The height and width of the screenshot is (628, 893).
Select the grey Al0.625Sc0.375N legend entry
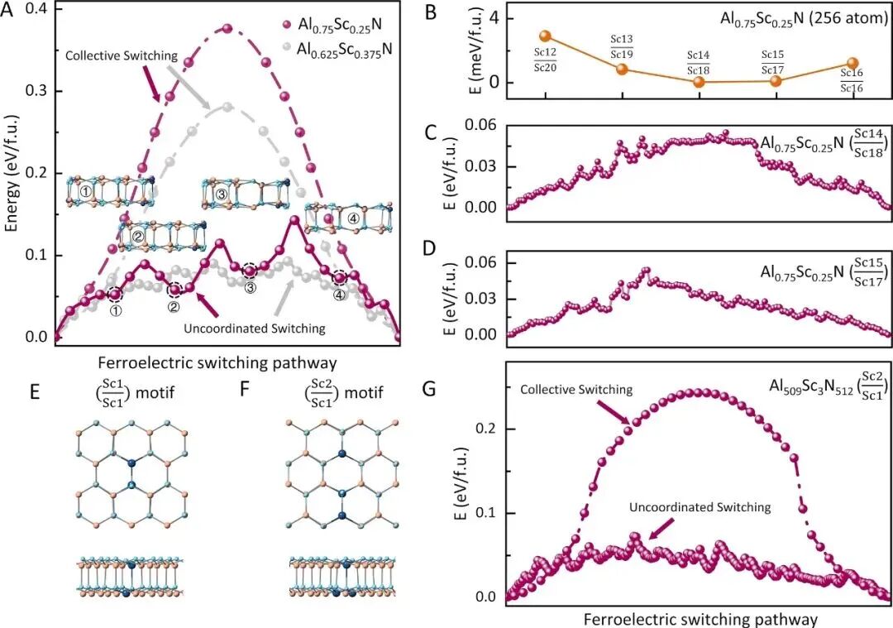click(338, 50)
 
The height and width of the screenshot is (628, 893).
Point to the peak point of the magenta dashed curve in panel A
click(227, 28)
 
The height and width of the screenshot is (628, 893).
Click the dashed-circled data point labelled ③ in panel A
click(250, 271)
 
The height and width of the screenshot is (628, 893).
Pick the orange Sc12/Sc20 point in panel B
click(545, 36)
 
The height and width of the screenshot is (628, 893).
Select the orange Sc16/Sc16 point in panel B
click(852, 63)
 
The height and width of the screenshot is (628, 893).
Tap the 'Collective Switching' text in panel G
click(576, 390)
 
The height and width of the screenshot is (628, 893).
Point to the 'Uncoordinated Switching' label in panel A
click(255, 328)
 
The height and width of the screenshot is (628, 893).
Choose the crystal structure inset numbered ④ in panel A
click(349, 218)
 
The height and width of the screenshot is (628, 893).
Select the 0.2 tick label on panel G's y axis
click(488, 429)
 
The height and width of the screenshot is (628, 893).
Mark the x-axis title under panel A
click(217, 363)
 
